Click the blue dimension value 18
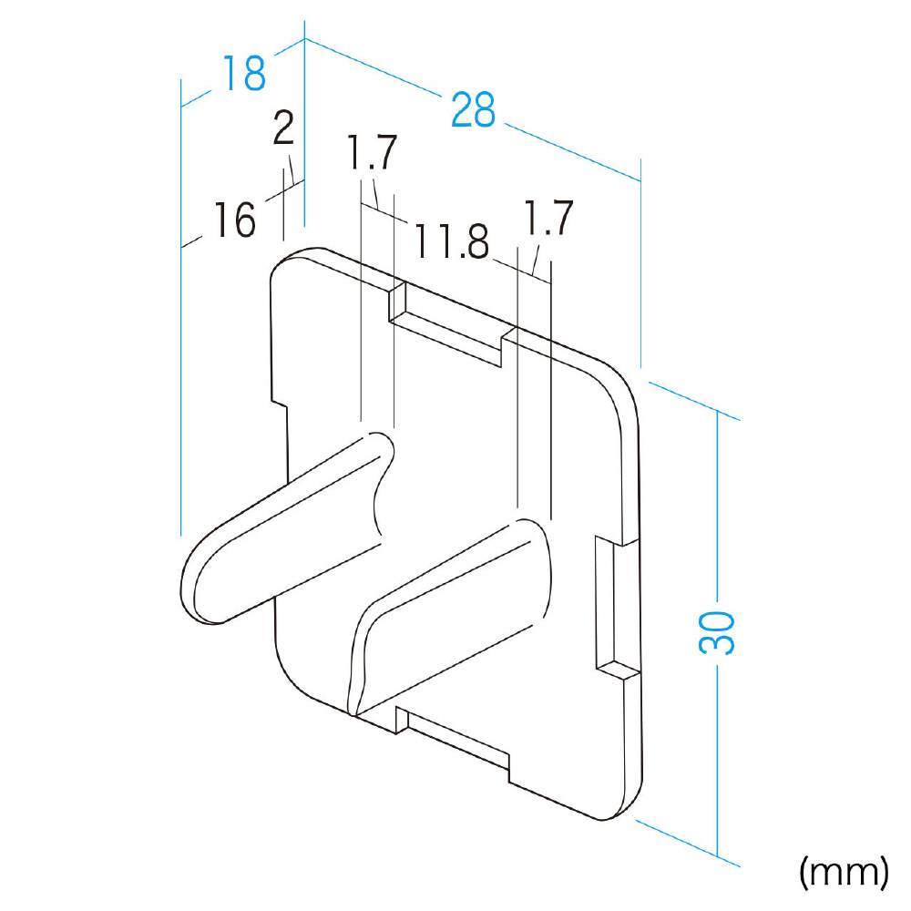(x=244, y=73)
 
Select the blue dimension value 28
(x=474, y=109)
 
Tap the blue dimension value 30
(x=716, y=633)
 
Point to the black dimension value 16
(x=235, y=220)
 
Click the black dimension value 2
(x=283, y=128)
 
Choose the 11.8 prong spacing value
(x=452, y=241)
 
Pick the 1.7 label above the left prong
(x=372, y=151)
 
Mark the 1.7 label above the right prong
(x=548, y=218)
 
